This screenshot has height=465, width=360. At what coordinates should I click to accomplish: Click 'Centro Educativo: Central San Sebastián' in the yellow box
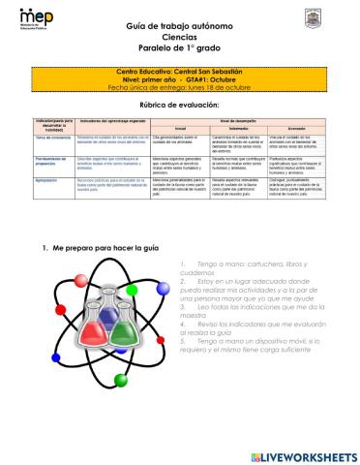point(179,71)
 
